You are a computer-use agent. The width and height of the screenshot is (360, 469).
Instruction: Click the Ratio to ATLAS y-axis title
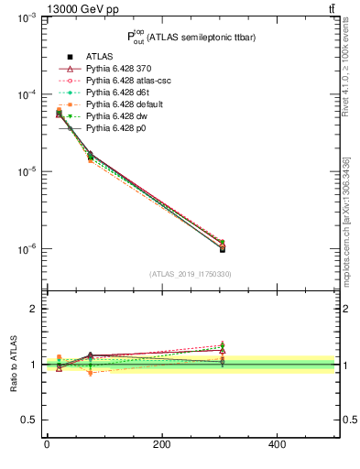[x=13, y=365]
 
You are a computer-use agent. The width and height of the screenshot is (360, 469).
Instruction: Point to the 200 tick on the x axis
[x=161, y=445]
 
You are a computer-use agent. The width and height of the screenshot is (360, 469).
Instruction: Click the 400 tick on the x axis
[x=276, y=445]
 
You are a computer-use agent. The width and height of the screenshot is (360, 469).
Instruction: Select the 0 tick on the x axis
[x=47, y=445]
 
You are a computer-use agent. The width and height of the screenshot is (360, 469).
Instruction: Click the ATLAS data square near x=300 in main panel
[x=222, y=248]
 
